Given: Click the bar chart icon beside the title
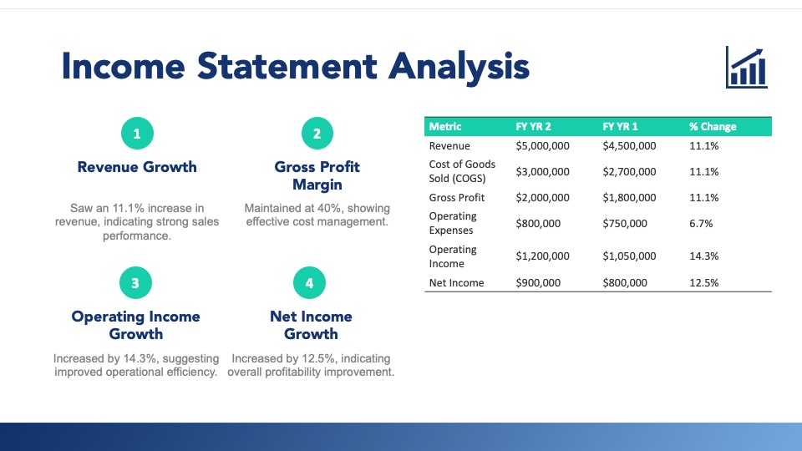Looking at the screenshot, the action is pos(746,67).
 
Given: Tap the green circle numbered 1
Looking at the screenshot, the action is pos(137,134).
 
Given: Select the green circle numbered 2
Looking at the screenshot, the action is pos(317,134).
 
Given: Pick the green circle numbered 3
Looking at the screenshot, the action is pos(135,283).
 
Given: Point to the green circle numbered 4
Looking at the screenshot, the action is pos(309,283).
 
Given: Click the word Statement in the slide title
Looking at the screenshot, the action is pos(287,66).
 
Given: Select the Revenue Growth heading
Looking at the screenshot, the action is pos(137,167).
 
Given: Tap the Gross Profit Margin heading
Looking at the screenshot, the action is pos(317,175).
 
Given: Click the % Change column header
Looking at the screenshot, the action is pos(713,127).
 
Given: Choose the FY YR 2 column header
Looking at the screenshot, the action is pos(533,127).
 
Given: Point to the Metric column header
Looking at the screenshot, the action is pos(445,127).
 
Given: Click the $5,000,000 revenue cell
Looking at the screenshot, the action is pos(542,145).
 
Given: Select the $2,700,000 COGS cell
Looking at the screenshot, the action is pos(629,172).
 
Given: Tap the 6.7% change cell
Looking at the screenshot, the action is pos(701,224).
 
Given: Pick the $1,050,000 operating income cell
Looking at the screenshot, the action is pos(629,256).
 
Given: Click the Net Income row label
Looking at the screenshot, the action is pos(456,283).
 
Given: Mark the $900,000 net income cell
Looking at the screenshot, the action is pos(538,283).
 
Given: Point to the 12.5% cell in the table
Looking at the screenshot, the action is pos(703,283).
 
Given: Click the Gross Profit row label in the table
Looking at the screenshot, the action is pos(457,197).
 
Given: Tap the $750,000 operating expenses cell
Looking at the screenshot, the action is pos(625,224).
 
